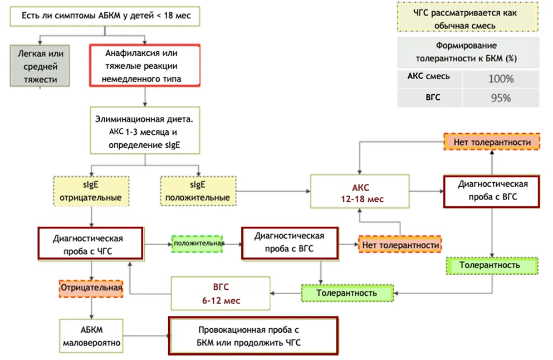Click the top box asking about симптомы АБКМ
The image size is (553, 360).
pyautogui.click(x=105, y=16)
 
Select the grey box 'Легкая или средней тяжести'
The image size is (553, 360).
pyautogui.click(x=40, y=66)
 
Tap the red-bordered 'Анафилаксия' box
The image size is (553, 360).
pyautogui.click(x=145, y=65)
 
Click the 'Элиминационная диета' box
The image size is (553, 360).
pyautogui.click(x=145, y=130)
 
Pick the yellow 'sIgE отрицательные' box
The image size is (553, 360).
pyautogui.click(x=91, y=191)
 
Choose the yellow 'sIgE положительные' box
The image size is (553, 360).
pyautogui.click(x=198, y=191)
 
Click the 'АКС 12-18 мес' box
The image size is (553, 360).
pyautogui.click(x=360, y=191)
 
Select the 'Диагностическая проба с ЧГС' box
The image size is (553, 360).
pyautogui.click(x=91, y=244)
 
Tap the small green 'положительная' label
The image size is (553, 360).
pyautogui.click(x=198, y=244)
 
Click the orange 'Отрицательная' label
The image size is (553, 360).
pyautogui.click(x=91, y=288)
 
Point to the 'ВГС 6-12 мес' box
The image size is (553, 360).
pyautogui.click(x=221, y=293)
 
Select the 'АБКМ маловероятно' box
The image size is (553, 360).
pyautogui.click(x=91, y=335)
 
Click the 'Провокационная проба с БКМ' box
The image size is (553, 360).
pyautogui.click(x=253, y=335)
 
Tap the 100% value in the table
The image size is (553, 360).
pyautogui.click(x=501, y=79)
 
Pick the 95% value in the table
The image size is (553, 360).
pyautogui.click(x=501, y=98)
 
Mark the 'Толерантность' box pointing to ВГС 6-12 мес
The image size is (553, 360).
pyautogui.click(x=348, y=293)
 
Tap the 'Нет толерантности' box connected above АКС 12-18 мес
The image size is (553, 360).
pyautogui.click(x=492, y=142)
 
